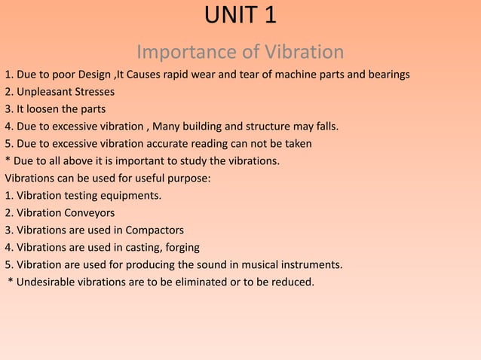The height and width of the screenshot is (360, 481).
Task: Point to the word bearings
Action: pos(387,75)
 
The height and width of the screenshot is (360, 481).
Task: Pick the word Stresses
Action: pos(94,93)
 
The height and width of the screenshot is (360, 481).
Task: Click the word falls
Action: pos(324,127)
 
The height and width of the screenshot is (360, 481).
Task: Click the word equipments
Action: pos(130,197)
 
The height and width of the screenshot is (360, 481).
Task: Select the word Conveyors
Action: pos(89,214)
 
